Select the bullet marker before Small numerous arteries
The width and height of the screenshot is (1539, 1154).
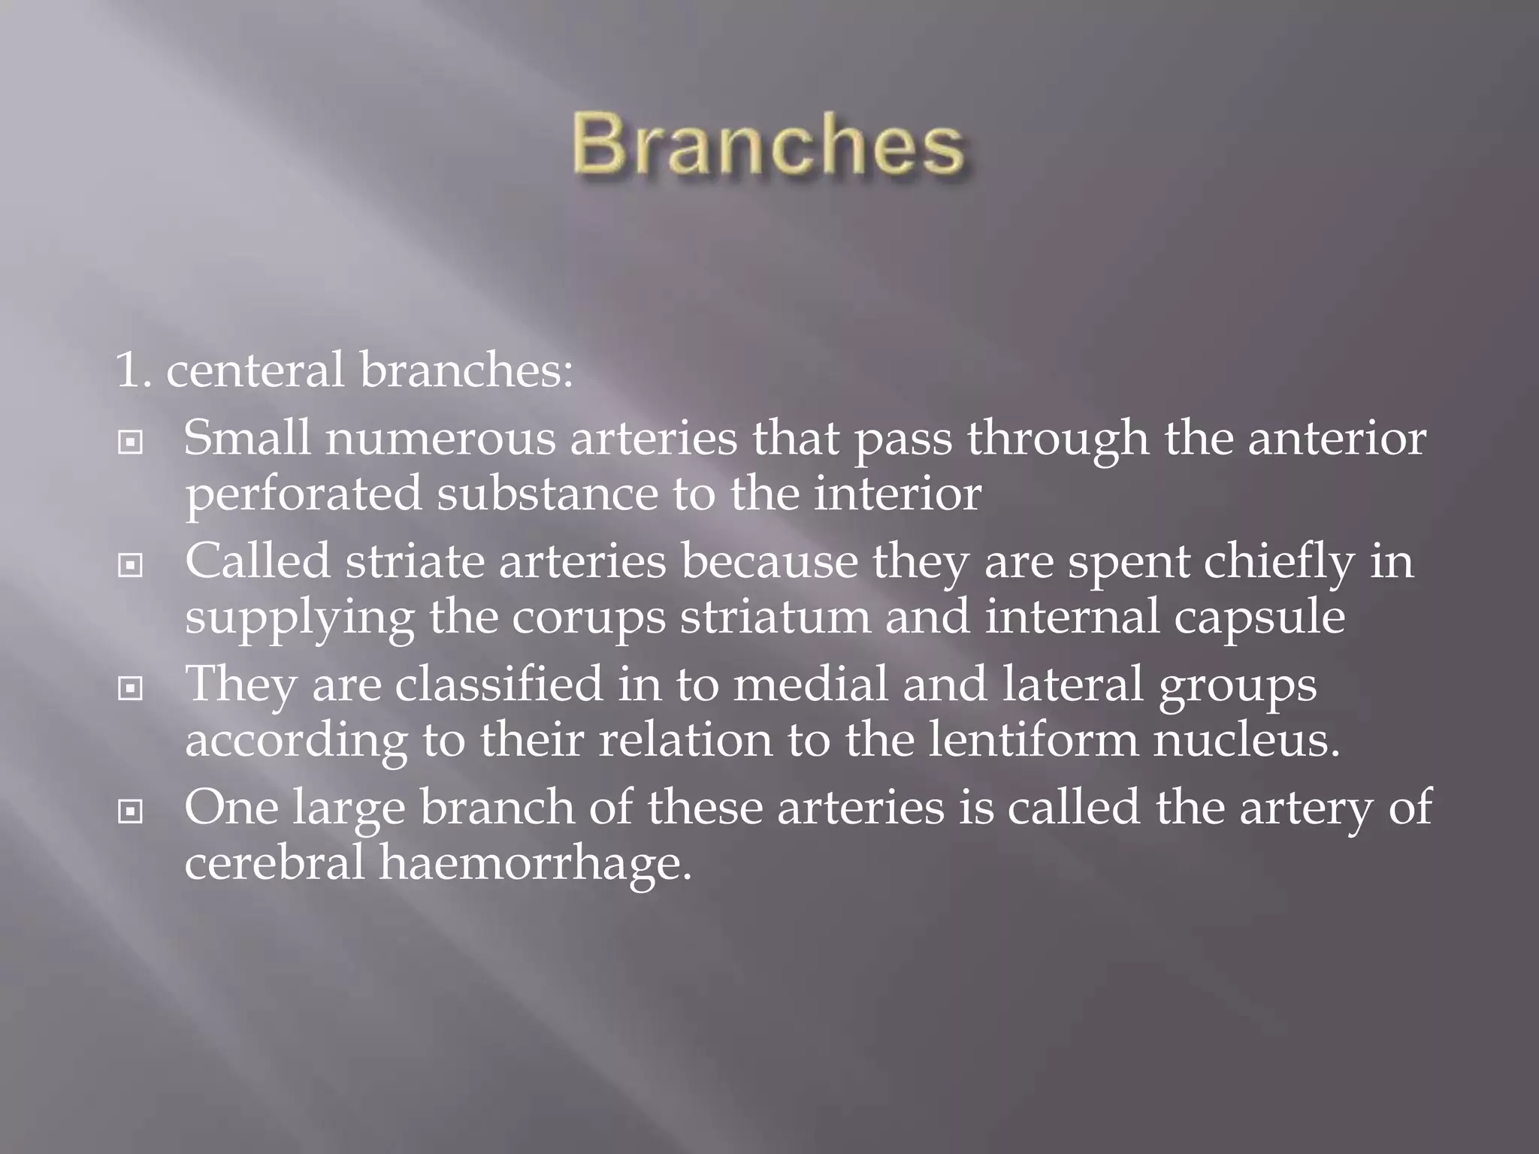coord(131,443)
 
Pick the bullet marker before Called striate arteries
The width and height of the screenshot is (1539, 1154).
coord(131,565)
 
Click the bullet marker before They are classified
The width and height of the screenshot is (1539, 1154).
coord(131,688)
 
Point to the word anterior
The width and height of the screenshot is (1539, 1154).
coord(1337,438)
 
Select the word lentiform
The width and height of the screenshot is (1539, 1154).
coord(1033,740)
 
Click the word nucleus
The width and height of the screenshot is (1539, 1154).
coord(1247,740)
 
